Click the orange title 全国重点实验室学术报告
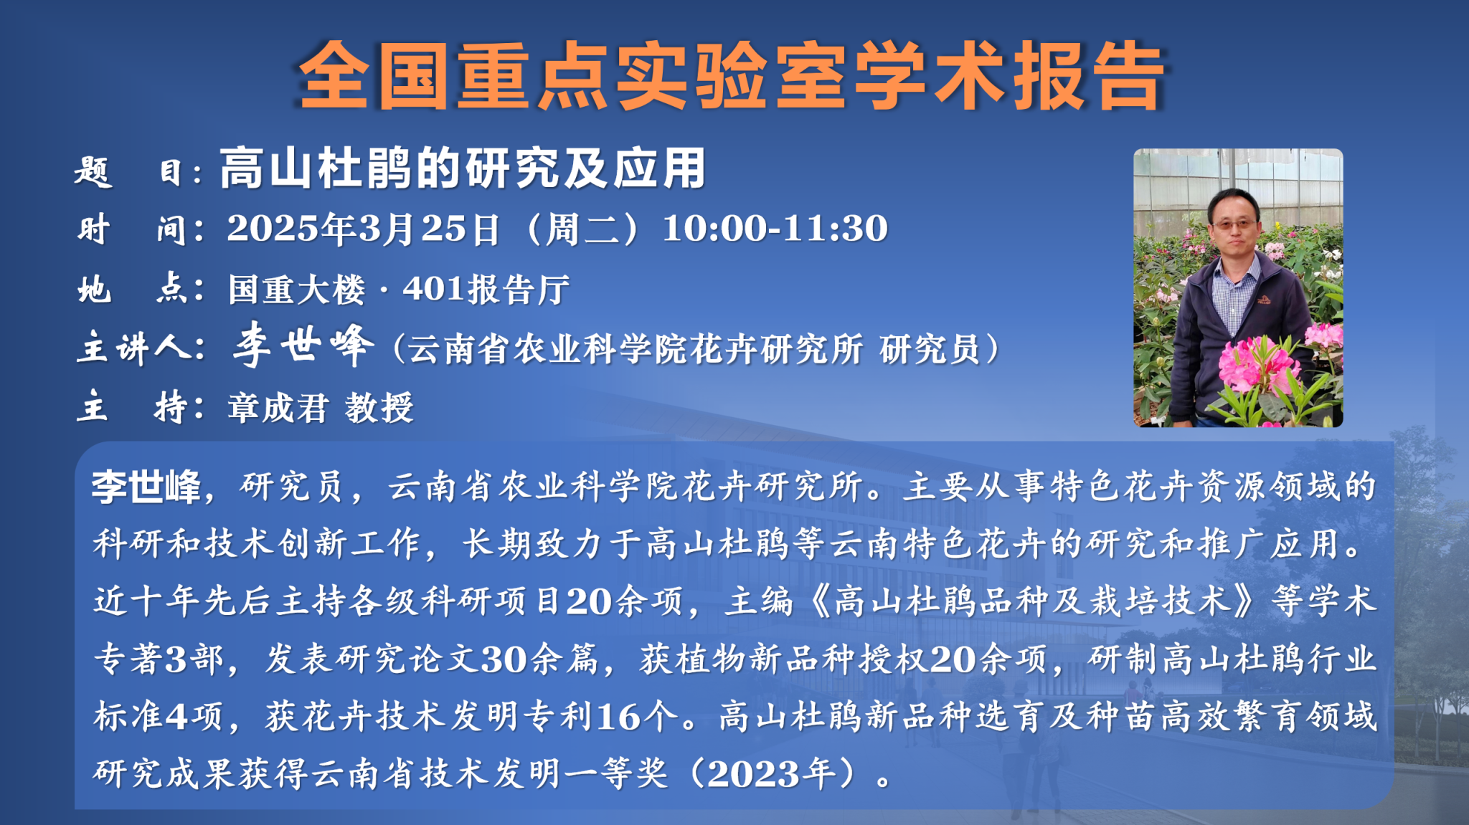pos(732,76)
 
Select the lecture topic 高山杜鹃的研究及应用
pos(463,169)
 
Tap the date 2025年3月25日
pos(363,229)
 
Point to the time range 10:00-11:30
pos(775,229)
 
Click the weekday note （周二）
pos(581,229)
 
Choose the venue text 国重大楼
pos(297,290)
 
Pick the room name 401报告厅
pos(486,290)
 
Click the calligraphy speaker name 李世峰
pos(303,345)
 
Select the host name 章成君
pos(278,408)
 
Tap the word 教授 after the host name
pos(379,408)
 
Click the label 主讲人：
pos(141,349)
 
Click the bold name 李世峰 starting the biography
pos(146,487)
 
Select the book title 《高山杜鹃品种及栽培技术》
pos(1033,601)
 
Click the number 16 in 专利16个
pos(618,716)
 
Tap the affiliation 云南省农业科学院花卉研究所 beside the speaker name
pos(635,350)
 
